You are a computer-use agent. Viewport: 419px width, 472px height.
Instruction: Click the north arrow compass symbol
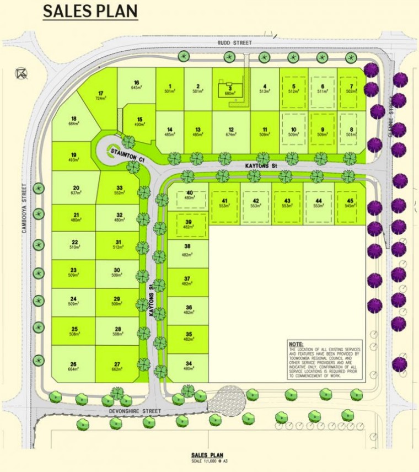tap(21, 73)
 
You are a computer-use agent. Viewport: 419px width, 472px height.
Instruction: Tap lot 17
tap(101, 95)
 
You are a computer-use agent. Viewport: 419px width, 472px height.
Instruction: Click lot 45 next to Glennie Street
tap(349, 202)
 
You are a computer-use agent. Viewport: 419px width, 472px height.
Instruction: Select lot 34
tap(188, 366)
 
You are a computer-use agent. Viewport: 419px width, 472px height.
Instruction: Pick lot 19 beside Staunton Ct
tap(73, 157)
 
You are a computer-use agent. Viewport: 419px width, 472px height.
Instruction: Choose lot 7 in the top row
tap(350, 88)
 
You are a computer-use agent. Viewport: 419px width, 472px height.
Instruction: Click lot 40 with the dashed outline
tap(189, 195)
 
